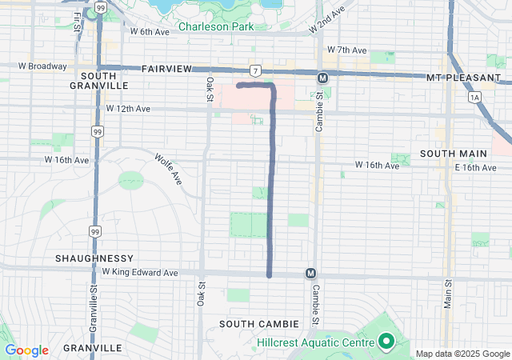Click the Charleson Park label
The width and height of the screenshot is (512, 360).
point(215,26)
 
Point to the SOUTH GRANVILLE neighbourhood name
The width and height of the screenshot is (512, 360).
point(99,80)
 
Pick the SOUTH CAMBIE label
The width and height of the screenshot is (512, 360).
point(260,323)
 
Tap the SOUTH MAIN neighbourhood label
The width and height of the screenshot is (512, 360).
point(449,153)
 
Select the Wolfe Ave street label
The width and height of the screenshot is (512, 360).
point(169,169)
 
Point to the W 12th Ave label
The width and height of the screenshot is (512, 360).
point(128,108)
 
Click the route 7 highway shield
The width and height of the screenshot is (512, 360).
point(253,71)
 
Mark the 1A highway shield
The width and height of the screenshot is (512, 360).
point(475,97)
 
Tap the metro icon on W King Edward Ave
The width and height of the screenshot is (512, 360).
point(310,274)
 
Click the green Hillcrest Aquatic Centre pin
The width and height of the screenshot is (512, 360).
point(386,342)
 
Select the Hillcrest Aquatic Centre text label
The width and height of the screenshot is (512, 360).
point(315,342)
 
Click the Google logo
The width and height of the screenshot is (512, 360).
point(26,350)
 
